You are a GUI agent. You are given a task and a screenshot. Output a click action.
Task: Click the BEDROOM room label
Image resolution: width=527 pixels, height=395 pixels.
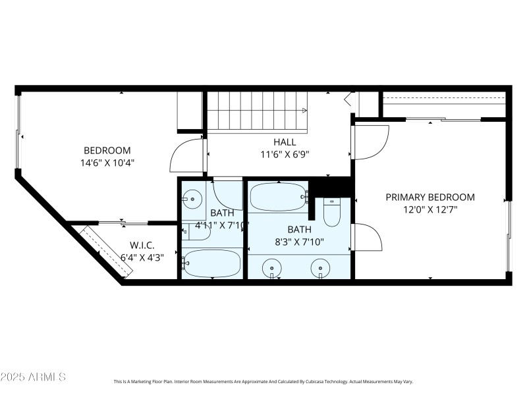[x=107, y=150]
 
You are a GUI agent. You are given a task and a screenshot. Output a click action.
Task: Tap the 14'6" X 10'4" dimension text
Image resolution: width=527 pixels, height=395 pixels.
[x=107, y=162]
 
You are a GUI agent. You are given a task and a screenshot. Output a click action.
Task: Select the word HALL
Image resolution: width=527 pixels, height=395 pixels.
[x=285, y=142]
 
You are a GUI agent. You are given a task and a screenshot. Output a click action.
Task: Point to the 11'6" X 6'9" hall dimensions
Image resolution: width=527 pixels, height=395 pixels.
[x=285, y=154]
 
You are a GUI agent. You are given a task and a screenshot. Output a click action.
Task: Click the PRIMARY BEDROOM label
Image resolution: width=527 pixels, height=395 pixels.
[x=430, y=197]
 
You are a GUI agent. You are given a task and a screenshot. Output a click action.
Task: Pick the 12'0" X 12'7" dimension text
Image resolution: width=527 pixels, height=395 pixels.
[x=430, y=209]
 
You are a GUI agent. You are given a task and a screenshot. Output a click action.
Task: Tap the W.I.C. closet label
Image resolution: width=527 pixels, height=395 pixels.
[x=142, y=245]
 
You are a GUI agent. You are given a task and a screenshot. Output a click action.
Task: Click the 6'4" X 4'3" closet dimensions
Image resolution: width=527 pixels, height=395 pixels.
[x=142, y=257]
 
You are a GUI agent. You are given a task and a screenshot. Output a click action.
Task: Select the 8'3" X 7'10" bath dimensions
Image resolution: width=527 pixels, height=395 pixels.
[x=299, y=241]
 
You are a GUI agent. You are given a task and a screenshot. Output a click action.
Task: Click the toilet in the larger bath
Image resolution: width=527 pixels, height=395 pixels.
[x=331, y=212]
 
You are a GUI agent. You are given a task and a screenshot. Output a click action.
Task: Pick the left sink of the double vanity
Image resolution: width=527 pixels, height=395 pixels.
[x=271, y=267]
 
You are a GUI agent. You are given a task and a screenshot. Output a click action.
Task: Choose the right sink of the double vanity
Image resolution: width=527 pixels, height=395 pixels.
[x=321, y=267]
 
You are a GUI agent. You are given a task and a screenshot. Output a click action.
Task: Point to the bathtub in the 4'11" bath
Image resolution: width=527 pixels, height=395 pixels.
[x=212, y=263]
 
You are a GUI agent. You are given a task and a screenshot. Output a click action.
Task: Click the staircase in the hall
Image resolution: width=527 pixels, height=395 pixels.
[x=257, y=110]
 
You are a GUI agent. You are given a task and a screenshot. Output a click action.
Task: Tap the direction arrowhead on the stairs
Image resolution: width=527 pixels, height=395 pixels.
[x=304, y=111]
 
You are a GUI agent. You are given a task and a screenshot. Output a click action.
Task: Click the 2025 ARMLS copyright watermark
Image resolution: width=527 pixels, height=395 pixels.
[x=33, y=377]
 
